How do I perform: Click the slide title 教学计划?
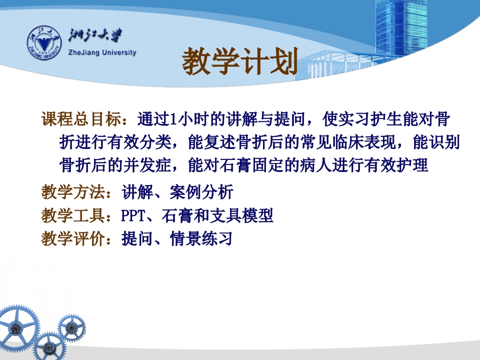click(239, 62)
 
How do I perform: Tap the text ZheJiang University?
click(101, 52)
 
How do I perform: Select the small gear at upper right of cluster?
click(71, 327)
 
